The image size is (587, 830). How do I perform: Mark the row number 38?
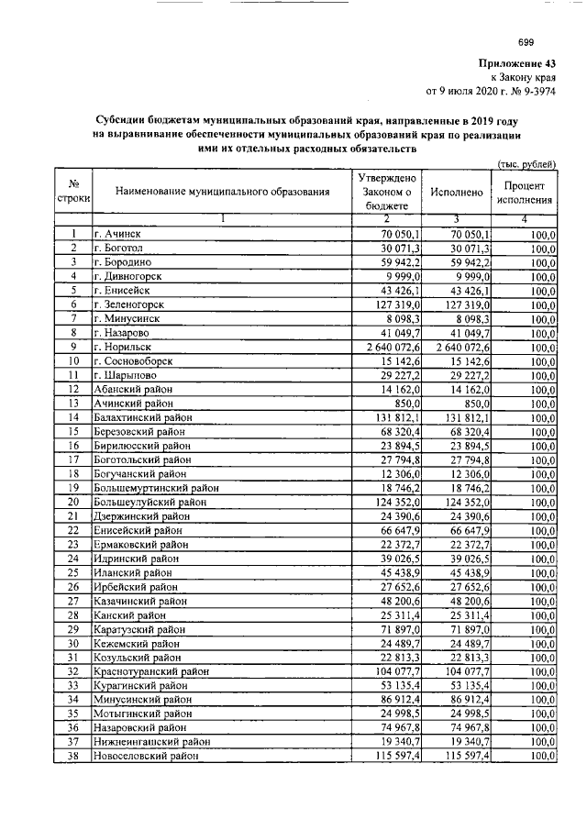[72, 755]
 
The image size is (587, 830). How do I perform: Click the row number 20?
[72, 504]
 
